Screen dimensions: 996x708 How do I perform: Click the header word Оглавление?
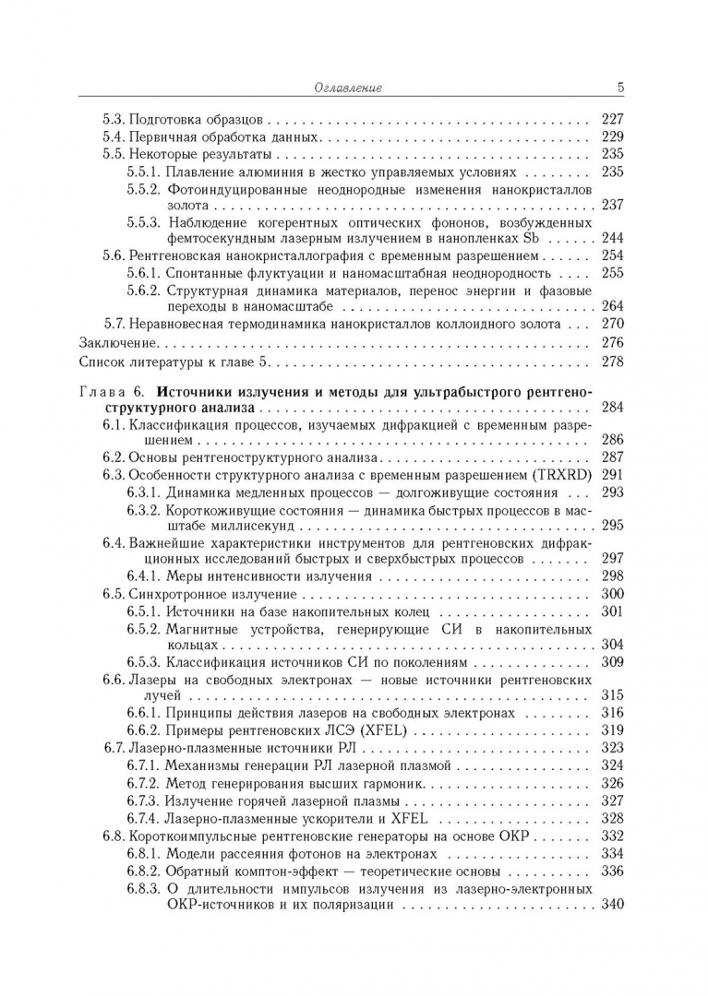point(348,88)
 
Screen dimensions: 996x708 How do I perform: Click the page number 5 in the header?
point(620,88)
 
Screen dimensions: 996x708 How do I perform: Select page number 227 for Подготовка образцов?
point(612,119)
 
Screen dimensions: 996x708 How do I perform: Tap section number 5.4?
point(114,136)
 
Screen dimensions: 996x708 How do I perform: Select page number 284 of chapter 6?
point(612,407)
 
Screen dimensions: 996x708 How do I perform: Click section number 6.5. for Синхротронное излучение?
point(114,594)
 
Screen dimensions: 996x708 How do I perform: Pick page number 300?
point(612,594)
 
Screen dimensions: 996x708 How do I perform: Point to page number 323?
point(612,748)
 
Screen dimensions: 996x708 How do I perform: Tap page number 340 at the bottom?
point(612,905)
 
